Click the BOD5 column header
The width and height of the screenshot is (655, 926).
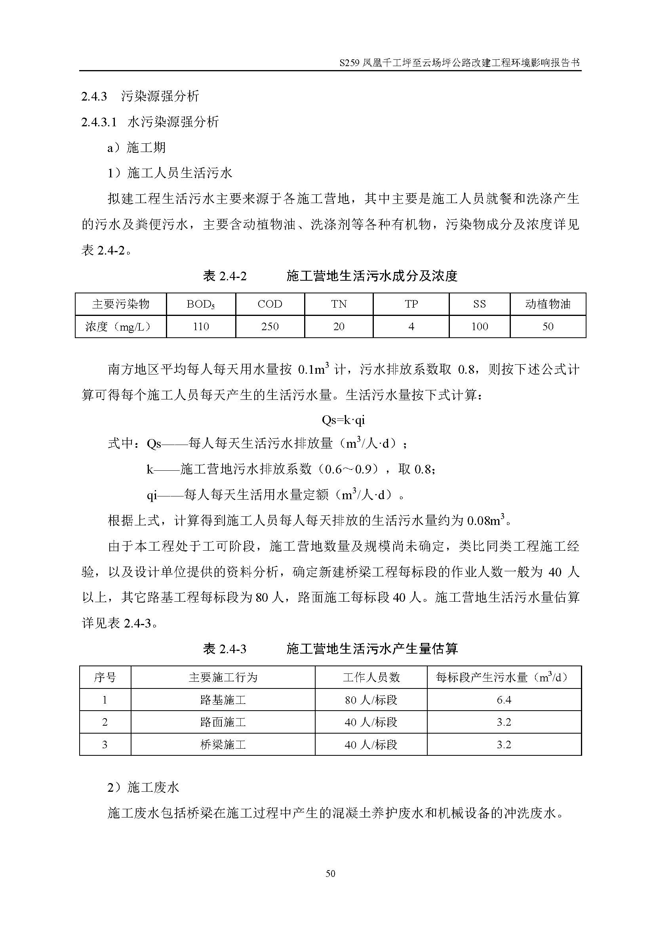[200, 304]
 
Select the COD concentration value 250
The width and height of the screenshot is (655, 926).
[270, 326]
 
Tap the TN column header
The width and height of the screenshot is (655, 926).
[339, 304]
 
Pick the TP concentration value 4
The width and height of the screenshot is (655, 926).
[411, 326]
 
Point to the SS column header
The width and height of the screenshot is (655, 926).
[479, 304]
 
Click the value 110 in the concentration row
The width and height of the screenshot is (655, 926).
[201, 326]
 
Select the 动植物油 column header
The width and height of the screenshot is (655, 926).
[548, 304]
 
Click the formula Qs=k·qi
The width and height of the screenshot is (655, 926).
[343, 420]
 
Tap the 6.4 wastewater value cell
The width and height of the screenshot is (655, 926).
[504, 700]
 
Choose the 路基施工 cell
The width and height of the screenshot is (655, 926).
[223, 700]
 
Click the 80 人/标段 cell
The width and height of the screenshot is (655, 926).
[371, 700]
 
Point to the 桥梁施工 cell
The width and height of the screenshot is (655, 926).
[223, 744]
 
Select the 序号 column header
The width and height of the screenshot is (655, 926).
[105, 677]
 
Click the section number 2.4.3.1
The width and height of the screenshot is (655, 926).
[99, 122]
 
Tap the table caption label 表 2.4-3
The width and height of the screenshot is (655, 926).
[225, 649]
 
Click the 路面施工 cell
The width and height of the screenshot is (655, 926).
[223, 722]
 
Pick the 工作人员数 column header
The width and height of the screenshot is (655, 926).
[371, 677]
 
